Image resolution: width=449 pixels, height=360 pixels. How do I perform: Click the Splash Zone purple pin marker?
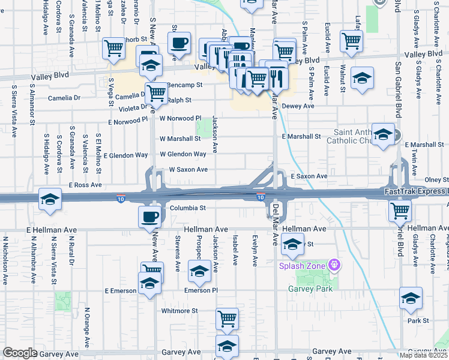[x=336, y=265]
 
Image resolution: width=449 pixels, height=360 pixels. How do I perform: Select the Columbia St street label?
[x=187, y=208]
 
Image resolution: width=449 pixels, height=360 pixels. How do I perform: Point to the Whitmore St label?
[x=179, y=311]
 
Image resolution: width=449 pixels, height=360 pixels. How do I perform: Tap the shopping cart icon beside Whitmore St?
[x=227, y=319]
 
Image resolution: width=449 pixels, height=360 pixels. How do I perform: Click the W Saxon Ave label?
[x=188, y=170]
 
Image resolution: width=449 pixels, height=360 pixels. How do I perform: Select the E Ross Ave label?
[x=86, y=185]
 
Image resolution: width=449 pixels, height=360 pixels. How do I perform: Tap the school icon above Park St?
[x=411, y=298]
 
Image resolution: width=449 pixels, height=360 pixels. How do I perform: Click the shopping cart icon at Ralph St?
[x=156, y=93]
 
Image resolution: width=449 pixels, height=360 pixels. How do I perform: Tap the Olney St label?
[x=436, y=179]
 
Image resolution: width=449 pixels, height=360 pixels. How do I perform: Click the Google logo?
[x=20, y=353]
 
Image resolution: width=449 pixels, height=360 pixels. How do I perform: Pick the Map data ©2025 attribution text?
[x=423, y=355]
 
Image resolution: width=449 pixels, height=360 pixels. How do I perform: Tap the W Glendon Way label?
[x=182, y=154]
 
